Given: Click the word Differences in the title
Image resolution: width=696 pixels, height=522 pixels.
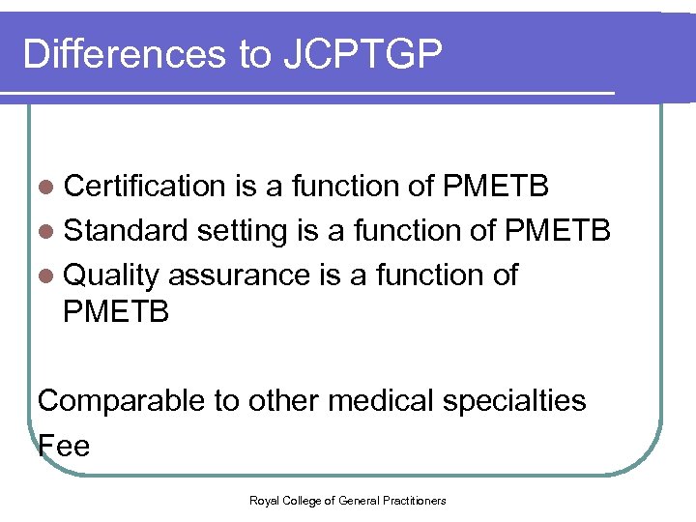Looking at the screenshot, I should point(124,55).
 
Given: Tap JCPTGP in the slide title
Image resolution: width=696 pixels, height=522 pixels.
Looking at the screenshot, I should point(363,55).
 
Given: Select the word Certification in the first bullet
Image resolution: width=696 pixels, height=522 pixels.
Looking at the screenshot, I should point(144,186).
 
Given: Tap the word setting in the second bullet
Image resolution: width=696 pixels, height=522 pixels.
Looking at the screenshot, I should point(243,232).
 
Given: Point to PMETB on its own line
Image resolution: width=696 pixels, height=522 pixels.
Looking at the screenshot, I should point(116,312).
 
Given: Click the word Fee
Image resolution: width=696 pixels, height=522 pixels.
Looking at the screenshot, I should point(64,446).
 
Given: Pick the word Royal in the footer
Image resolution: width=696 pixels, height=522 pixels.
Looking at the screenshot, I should point(263,500).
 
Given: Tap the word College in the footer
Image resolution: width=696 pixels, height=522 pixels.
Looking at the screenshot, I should point(299,500).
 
